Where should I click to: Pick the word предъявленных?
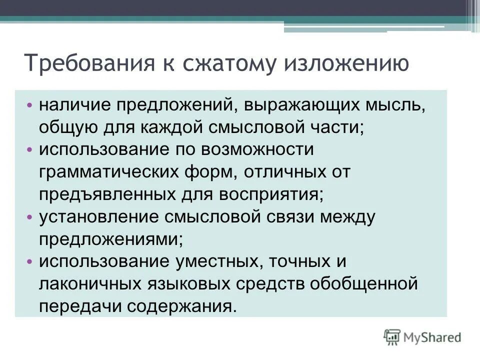tap(115, 194)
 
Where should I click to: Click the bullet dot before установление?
tap(29, 217)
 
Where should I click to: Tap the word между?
tap(347, 217)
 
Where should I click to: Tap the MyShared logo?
tap(422, 337)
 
